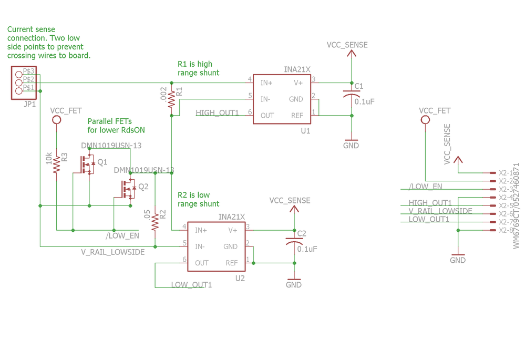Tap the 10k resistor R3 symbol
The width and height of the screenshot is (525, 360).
(56, 164)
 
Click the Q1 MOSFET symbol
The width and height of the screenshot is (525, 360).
(87, 164)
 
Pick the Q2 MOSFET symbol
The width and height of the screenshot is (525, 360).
(128, 188)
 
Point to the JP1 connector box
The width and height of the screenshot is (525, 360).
(24, 83)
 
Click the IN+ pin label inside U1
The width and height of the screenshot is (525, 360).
(266, 83)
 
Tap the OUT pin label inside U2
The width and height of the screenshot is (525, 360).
(202, 263)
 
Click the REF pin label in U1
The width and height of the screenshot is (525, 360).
(297, 115)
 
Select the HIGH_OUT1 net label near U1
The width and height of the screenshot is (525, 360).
(217, 113)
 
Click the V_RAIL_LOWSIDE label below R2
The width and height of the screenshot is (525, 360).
(112, 252)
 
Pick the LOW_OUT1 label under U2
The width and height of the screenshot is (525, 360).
(191, 285)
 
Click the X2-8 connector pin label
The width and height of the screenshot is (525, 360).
(506, 231)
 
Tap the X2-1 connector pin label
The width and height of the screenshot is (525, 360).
(506, 173)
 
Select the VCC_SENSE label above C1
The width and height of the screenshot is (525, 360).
(347, 45)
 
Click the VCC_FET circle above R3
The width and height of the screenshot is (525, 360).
(57, 120)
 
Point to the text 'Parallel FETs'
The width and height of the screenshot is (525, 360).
(109, 121)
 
